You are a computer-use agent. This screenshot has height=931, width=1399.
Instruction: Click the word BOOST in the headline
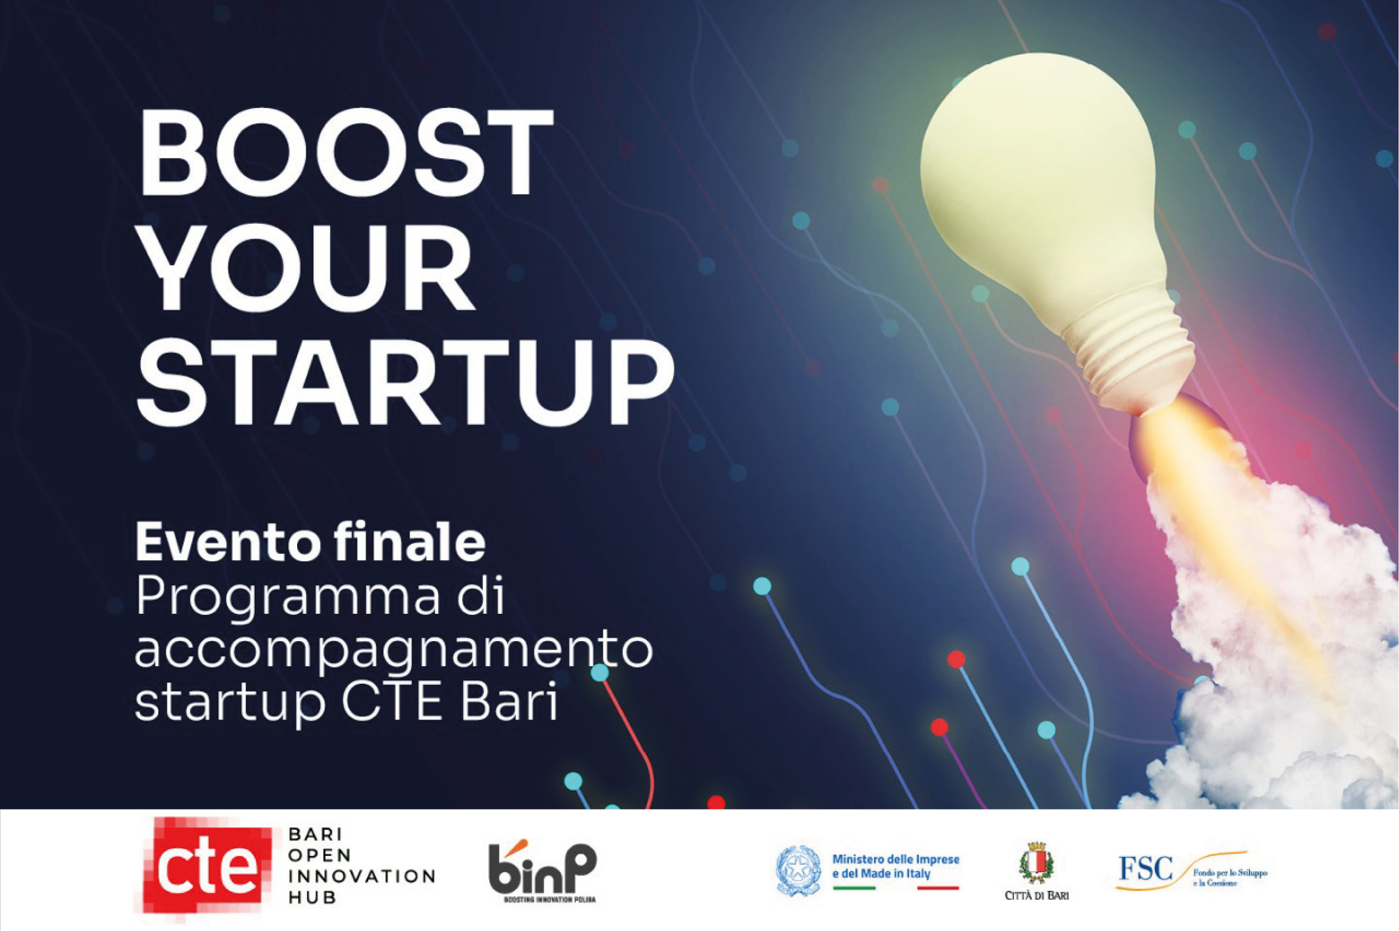tap(346, 153)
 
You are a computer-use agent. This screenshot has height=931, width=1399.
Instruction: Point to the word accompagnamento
tap(394, 654)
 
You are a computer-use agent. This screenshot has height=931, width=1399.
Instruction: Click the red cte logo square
tap(207, 868)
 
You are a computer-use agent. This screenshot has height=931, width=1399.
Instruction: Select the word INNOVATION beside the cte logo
tap(362, 876)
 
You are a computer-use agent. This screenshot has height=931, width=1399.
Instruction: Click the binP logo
tap(542, 869)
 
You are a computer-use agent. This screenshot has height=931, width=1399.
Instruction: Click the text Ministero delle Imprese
tap(895, 859)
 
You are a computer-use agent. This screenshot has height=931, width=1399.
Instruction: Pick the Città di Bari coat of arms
tap(1036, 864)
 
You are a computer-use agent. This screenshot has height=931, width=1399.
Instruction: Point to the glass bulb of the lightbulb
tap(1038, 178)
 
